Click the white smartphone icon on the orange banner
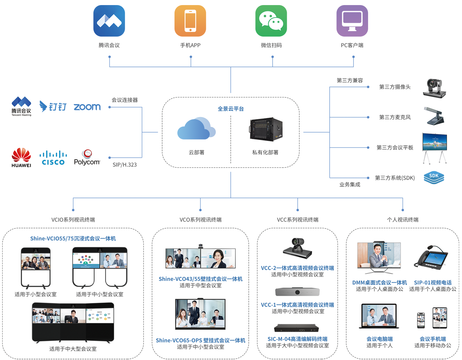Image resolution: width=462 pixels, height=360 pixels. [x=190, y=21]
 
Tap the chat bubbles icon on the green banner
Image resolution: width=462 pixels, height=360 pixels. [x=271, y=21]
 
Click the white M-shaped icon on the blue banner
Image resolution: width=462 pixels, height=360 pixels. [x=109, y=21]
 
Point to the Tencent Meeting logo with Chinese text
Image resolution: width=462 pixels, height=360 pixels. [x=21, y=107]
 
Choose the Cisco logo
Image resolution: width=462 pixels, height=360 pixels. [x=53, y=158]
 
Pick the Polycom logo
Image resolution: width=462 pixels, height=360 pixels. [x=87, y=158]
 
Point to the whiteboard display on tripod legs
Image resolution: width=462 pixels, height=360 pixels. [x=434, y=147]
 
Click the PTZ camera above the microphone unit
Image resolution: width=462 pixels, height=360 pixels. [x=434, y=88]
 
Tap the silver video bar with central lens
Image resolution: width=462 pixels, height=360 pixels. [x=297, y=292]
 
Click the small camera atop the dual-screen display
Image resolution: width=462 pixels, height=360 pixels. [x=201, y=246]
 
